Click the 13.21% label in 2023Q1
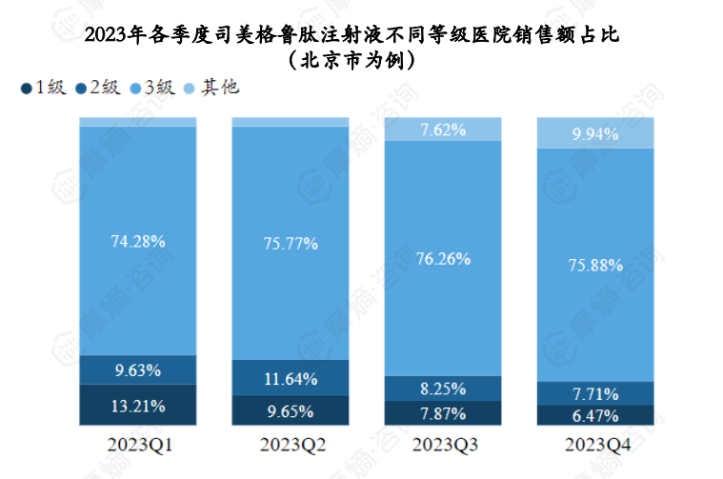point(137,407)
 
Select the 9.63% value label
point(137,369)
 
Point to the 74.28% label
point(137,241)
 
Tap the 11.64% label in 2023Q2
point(290,379)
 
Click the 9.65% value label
point(290,411)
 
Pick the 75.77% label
point(290,244)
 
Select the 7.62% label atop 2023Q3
point(442,130)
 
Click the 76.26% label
point(442,258)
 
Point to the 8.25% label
point(442,389)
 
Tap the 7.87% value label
point(442,413)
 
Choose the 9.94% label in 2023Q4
point(595,135)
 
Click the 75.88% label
point(595,266)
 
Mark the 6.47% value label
point(595,416)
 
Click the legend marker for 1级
point(26,90)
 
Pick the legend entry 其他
point(220,89)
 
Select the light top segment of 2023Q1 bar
point(137,122)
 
